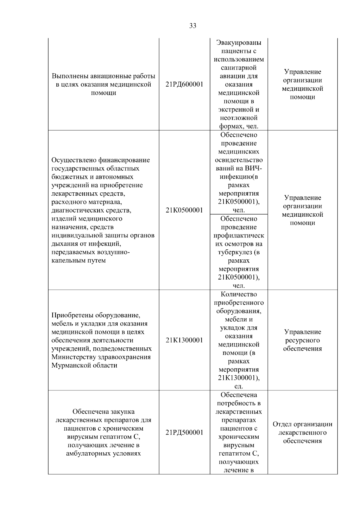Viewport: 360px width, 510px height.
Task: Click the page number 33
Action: click(193, 26)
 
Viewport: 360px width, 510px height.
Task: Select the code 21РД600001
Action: click(184, 84)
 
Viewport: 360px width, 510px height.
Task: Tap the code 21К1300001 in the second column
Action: click(184, 340)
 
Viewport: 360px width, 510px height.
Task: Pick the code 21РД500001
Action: click(184, 432)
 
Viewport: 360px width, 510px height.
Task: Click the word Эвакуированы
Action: click(238, 43)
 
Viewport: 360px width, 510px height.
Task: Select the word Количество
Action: click(238, 294)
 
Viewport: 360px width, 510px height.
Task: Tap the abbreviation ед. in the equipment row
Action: click(238, 386)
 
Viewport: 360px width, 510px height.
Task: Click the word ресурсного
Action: click(302, 341)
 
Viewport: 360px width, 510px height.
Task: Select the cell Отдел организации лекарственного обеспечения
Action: click(302, 433)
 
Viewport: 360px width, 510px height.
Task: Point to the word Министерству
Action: click(72, 357)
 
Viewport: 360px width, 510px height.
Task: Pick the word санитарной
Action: click(238, 68)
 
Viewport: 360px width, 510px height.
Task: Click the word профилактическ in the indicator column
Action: click(238, 236)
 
